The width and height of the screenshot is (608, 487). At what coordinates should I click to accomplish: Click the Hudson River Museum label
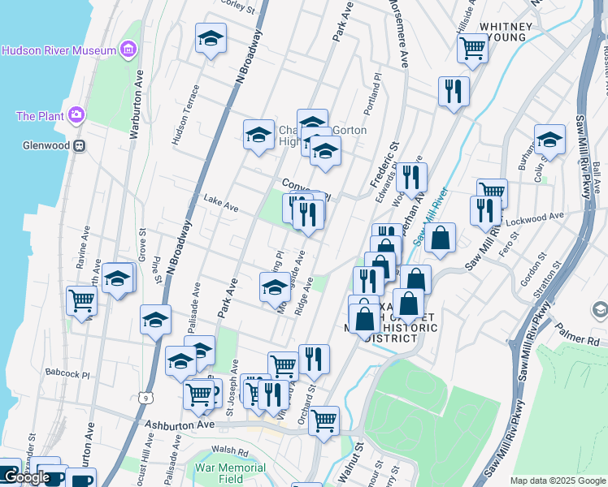59,50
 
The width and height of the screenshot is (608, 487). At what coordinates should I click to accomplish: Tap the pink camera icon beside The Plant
76,115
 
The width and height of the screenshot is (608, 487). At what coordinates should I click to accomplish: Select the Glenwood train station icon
79,146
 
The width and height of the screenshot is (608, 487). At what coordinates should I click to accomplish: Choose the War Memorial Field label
232,474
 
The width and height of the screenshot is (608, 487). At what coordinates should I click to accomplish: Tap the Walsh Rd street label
228,450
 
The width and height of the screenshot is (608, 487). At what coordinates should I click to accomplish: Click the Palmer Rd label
578,331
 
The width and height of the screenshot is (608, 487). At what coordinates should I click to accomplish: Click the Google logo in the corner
26,477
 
